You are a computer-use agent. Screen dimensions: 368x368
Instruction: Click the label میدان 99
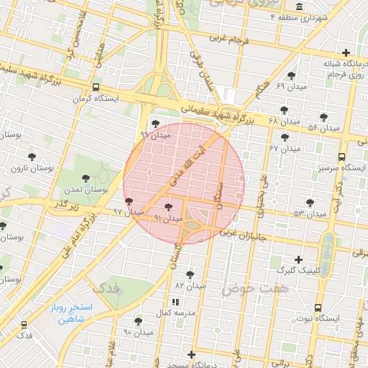[154, 134]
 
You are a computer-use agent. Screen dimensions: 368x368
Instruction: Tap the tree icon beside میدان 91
[168, 207]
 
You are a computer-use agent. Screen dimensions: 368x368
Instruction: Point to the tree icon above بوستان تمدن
[86, 178]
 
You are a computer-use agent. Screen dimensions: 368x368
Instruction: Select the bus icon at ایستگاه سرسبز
[341, 157]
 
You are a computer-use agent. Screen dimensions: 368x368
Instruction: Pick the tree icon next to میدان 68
[285, 110]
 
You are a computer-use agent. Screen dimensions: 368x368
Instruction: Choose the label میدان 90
[139, 333]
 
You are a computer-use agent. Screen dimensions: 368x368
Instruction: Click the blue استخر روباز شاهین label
[68, 312]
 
